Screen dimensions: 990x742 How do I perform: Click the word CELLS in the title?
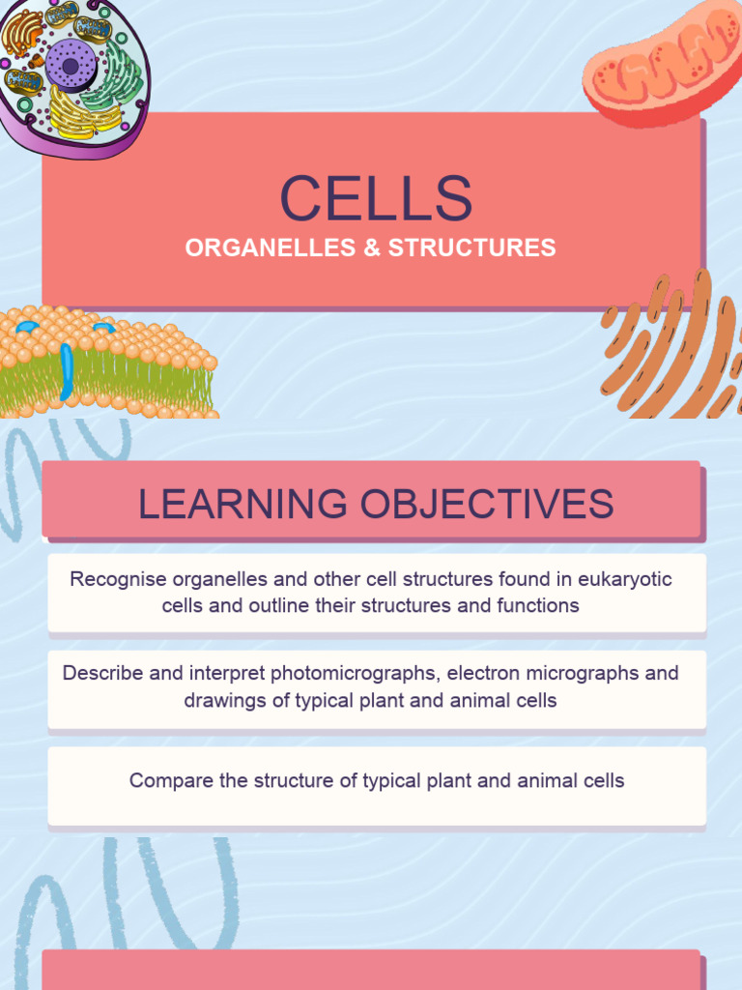tap(376, 198)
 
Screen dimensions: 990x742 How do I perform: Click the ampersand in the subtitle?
tap(372, 248)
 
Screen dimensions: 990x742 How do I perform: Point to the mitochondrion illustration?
tap(661, 64)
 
